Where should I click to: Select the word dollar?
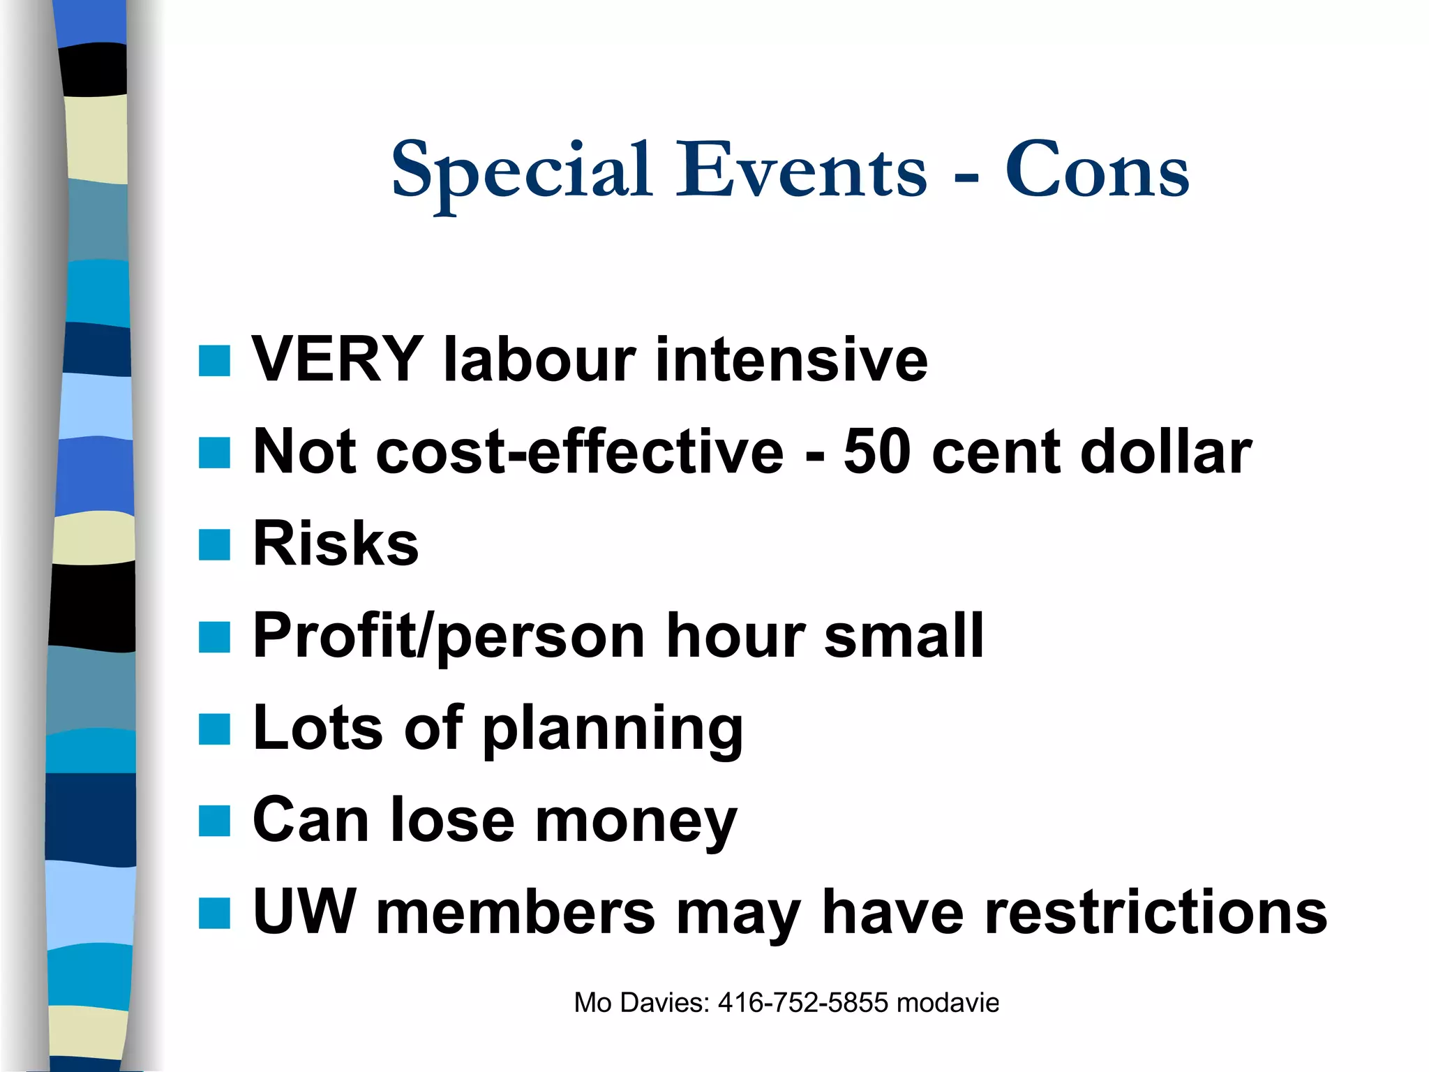(x=1165, y=452)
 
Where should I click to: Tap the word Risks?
(x=336, y=544)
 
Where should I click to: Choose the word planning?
(x=613, y=730)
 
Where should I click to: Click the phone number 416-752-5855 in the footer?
(x=803, y=1003)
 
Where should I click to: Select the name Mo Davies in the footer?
(x=641, y=1003)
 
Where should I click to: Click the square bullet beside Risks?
(x=214, y=544)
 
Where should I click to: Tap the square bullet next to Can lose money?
(x=214, y=821)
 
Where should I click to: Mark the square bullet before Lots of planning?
(x=214, y=729)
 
